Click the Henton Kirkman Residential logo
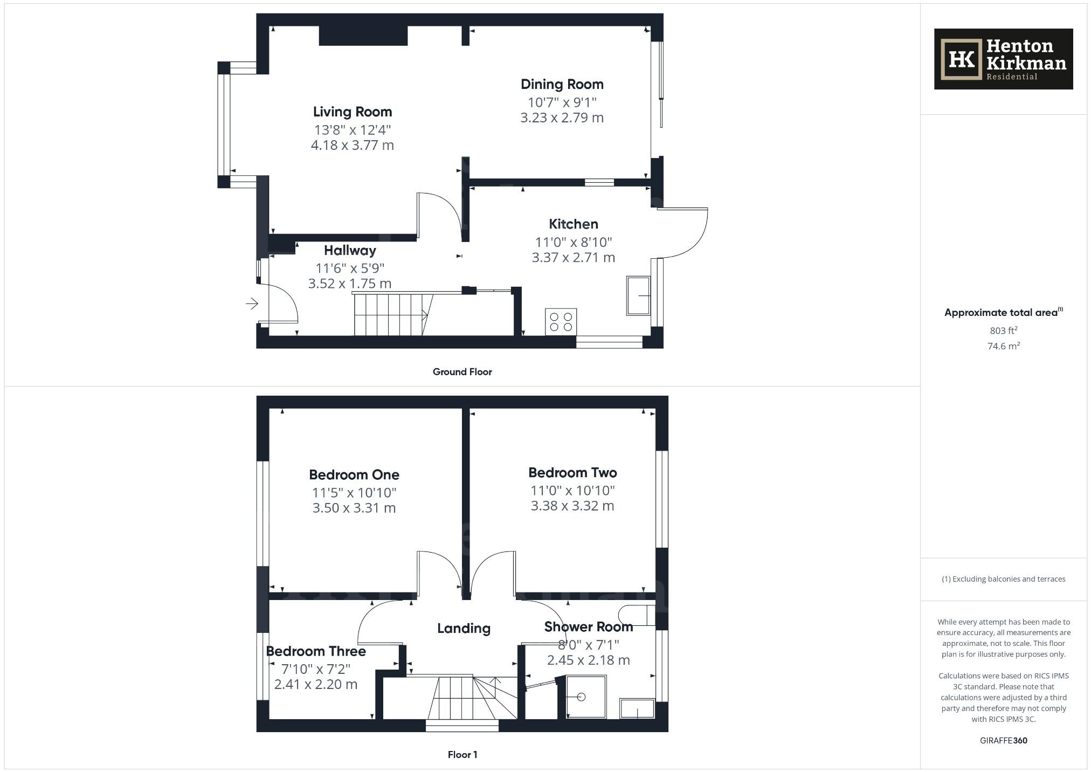click(x=1003, y=59)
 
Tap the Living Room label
click(x=353, y=112)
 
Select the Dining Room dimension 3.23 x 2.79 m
click(x=562, y=118)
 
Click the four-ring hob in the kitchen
click(x=561, y=322)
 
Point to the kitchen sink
click(x=638, y=295)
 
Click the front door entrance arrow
click(x=252, y=304)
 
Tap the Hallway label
click(x=350, y=251)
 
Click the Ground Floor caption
click(x=462, y=372)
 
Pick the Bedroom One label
click(x=354, y=475)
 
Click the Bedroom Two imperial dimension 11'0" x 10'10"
click(x=572, y=491)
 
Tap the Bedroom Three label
click(x=316, y=651)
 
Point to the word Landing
click(x=464, y=629)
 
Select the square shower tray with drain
click(x=586, y=697)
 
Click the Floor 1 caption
click(x=462, y=755)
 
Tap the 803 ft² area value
click(x=1003, y=330)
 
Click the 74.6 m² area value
click(x=1003, y=346)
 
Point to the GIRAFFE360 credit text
click(x=1003, y=741)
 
